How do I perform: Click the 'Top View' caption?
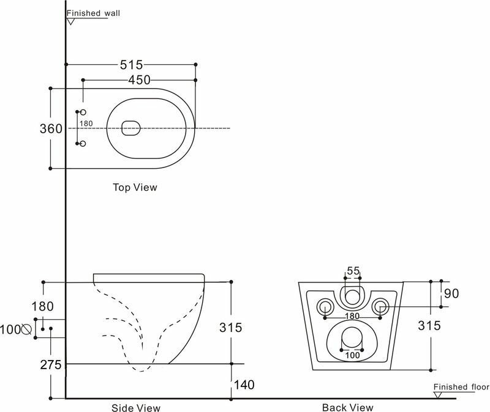click(135, 187)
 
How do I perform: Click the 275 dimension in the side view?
click(51, 365)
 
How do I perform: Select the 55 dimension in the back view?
click(353, 271)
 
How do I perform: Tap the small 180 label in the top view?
click(86, 123)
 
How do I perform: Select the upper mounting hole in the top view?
click(84, 112)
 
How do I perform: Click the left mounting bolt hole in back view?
click(324, 306)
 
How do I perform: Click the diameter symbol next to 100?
click(26, 329)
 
